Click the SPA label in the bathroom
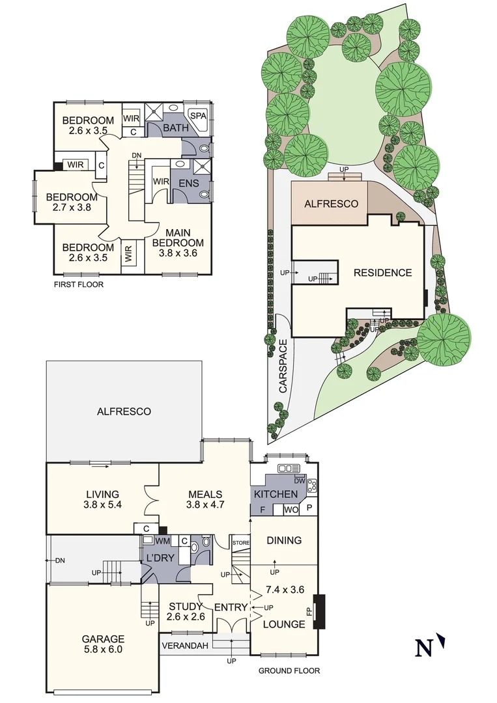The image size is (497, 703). coord(197,115)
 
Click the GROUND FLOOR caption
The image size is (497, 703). coord(289,670)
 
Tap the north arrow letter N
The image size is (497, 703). coord(423,648)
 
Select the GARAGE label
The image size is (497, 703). coord(102,639)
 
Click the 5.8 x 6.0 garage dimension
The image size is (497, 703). coord(102,649)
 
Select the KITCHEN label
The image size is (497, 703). coord(276,495)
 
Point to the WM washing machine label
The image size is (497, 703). coord(163,541)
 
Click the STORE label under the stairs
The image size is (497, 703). coord(241,542)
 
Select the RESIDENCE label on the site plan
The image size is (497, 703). coord(382,273)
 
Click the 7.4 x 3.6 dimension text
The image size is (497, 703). coord(285,590)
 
